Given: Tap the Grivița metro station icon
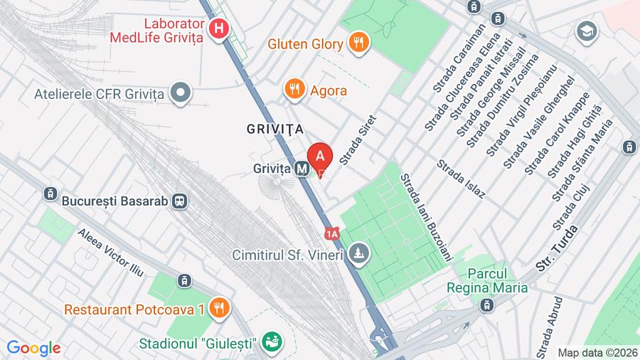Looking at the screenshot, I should point(302,169).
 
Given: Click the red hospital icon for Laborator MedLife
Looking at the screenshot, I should point(220,29).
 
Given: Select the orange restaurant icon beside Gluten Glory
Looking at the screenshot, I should point(358,43).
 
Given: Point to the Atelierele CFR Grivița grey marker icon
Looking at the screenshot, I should point(183,93).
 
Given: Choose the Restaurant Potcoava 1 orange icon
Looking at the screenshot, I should point(220,309).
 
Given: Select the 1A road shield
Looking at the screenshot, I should point(332,233).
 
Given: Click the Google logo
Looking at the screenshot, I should point(33,349).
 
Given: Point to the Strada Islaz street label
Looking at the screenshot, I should point(462,179).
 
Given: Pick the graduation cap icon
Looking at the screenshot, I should point(587,31).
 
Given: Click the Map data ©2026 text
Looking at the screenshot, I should point(597,352).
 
